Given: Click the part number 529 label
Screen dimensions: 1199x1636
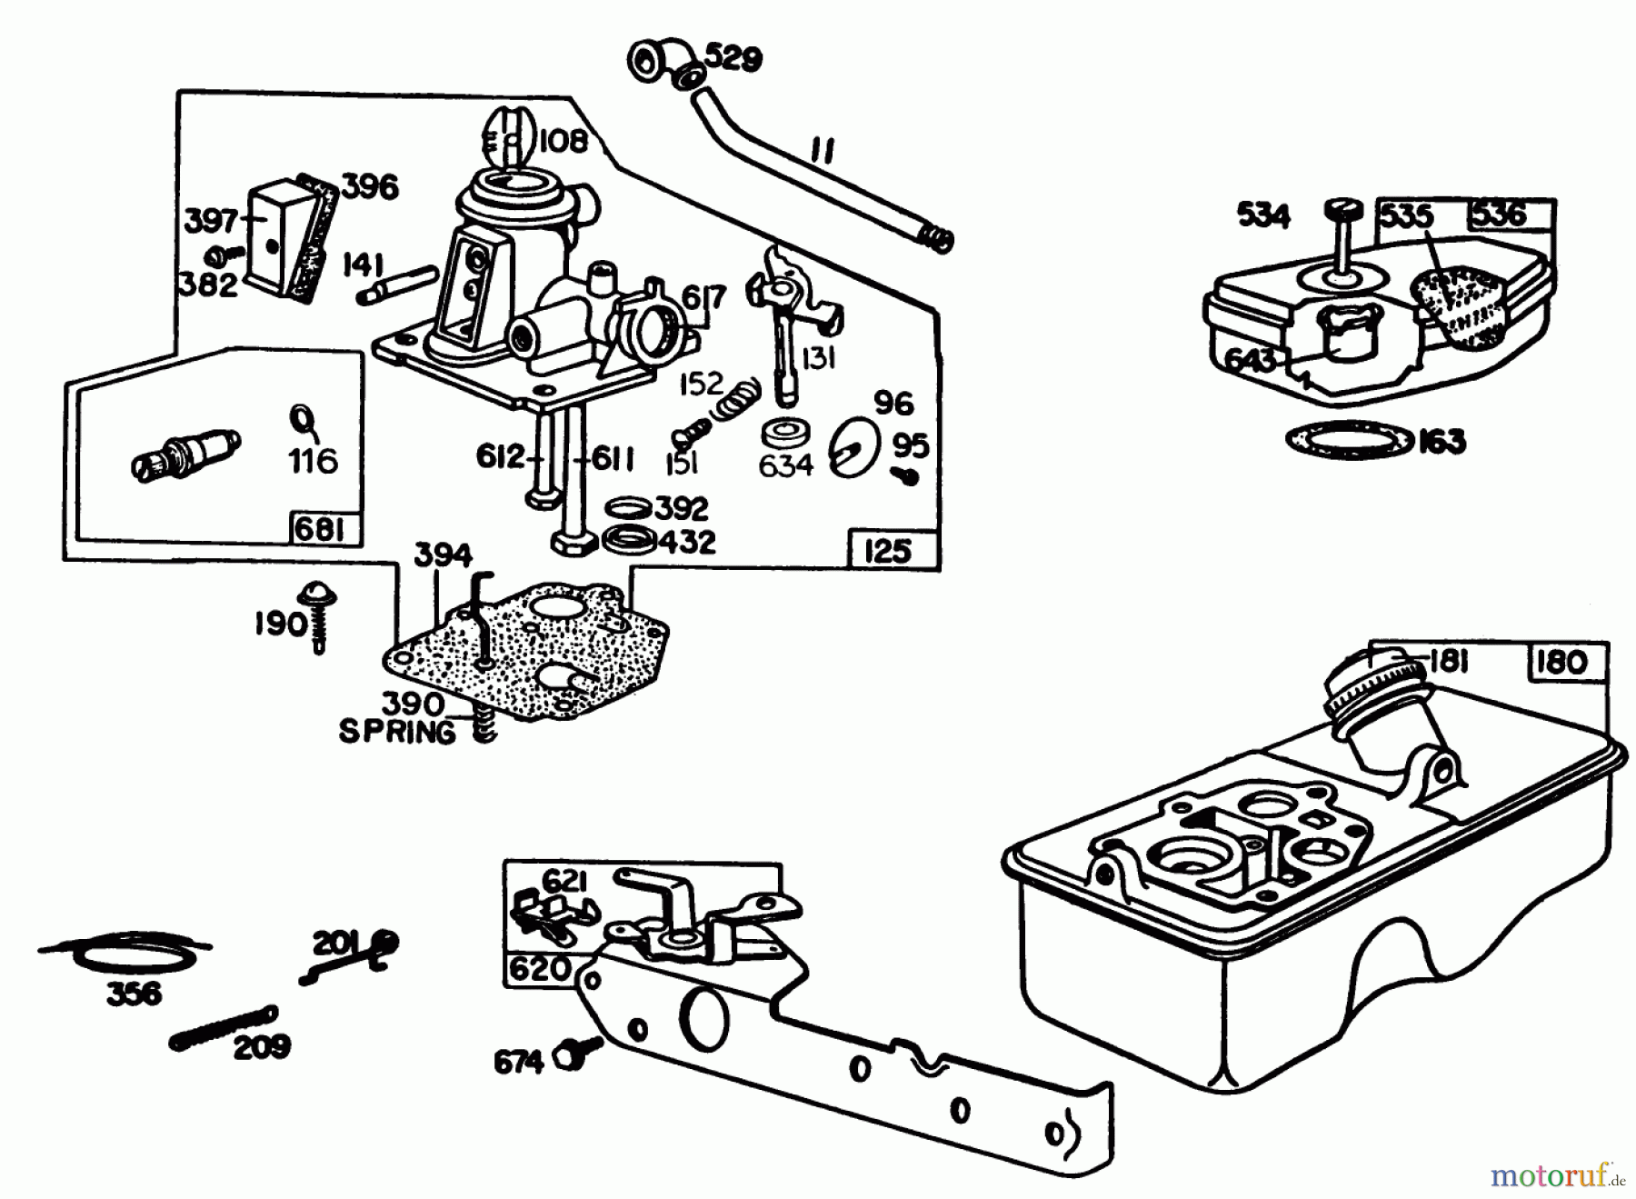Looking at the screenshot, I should click(x=733, y=59).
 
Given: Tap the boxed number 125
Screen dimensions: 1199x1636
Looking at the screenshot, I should click(x=887, y=550).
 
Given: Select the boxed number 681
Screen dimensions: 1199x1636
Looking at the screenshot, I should click(x=320, y=529).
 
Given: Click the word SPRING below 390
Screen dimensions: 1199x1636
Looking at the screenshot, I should click(x=397, y=733).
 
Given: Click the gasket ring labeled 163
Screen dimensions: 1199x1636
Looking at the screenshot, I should click(x=1348, y=441).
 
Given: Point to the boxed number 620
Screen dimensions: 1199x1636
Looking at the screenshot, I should click(x=539, y=969).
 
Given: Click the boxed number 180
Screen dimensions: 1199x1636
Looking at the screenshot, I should click(x=1560, y=661).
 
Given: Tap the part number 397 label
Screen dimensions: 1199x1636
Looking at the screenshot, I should click(x=210, y=222).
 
